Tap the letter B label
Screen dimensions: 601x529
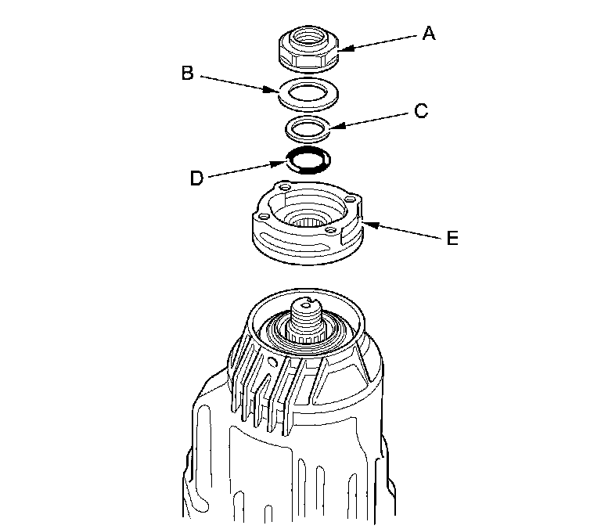point(187,74)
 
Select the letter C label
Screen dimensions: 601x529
point(421,111)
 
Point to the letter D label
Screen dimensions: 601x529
point(197,178)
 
